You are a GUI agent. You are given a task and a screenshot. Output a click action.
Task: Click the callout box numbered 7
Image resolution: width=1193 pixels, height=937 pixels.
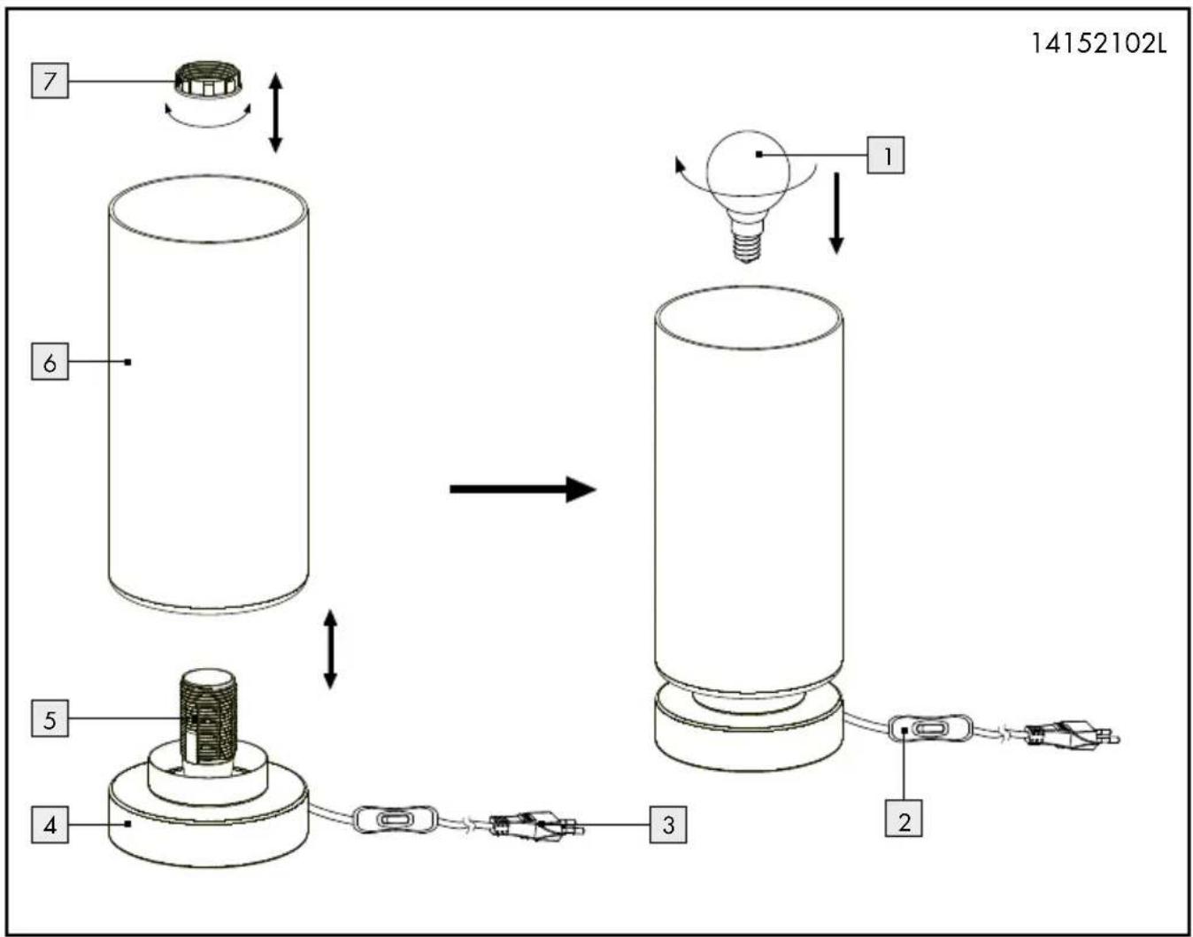50,81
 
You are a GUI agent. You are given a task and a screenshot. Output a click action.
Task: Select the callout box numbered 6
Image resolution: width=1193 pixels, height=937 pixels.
50,362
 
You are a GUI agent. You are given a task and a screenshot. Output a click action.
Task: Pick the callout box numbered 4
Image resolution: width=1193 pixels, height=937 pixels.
50,824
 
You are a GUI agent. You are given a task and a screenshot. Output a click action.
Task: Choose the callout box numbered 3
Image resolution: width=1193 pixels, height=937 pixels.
668,824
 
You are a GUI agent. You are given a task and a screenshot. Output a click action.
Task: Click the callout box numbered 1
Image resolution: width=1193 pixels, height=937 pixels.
886,155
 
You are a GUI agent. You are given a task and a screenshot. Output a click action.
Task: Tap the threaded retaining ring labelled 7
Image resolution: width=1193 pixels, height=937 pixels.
208,81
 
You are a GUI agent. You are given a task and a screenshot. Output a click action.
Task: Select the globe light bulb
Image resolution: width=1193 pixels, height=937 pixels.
747,196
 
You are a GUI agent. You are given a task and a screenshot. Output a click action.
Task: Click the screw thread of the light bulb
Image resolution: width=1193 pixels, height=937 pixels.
747,246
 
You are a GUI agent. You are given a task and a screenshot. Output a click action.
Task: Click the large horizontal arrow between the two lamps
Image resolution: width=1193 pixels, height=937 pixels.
523,488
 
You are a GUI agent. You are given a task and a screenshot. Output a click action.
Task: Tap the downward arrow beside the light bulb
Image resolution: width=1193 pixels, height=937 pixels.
836,213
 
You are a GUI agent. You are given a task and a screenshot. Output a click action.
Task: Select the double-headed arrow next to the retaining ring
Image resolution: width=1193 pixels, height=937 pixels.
275,112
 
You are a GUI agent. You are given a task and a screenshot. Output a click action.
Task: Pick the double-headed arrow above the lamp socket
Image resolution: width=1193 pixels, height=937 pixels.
329,649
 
